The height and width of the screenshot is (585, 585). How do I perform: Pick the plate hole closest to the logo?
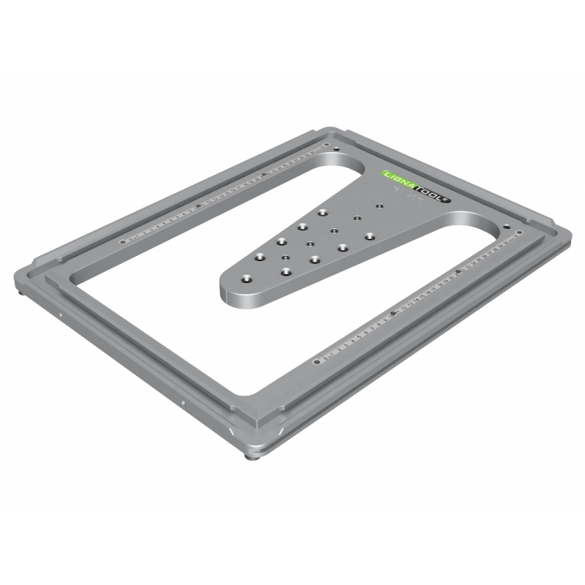pyautogui.click(x=379, y=207)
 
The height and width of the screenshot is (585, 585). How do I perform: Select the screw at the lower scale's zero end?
pyautogui.click(x=314, y=360)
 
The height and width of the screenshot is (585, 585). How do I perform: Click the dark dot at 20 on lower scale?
pyautogui.click(x=457, y=274)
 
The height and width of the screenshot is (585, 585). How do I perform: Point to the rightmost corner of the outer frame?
pyautogui.click(x=570, y=233)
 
